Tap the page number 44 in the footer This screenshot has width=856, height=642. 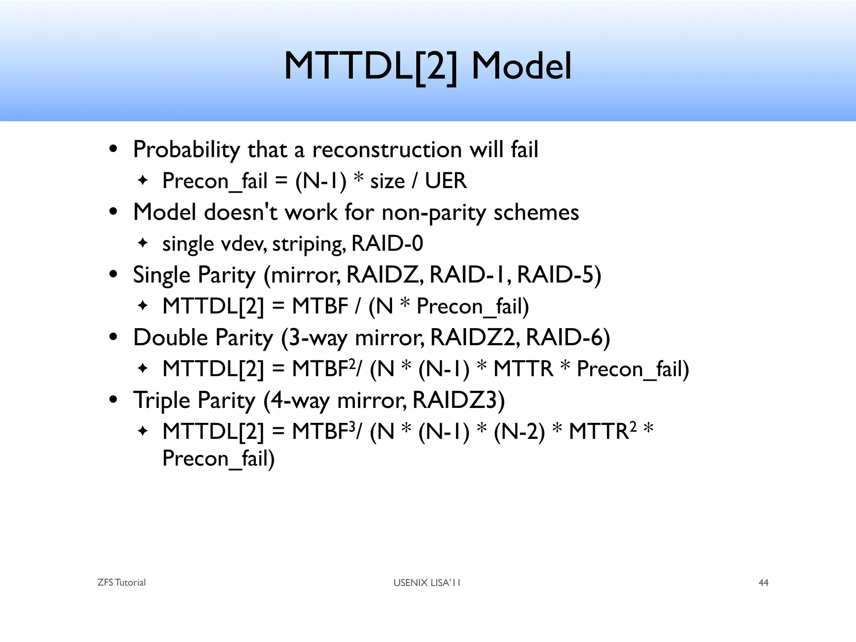click(x=763, y=583)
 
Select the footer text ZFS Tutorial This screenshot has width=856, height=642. click(x=121, y=583)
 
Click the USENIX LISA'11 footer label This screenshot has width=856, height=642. click(x=427, y=583)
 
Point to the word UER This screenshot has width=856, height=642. click(x=446, y=181)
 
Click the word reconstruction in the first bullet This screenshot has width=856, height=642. click(x=387, y=149)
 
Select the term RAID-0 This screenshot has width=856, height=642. click(x=387, y=243)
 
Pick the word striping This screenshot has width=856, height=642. click(x=308, y=244)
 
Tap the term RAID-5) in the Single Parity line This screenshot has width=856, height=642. click(x=559, y=275)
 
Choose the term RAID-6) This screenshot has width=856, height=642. click(x=568, y=338)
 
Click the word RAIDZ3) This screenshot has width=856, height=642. click(x=459, y=400)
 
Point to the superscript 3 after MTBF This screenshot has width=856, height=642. click(x=352, y=426)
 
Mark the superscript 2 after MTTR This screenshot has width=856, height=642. click(x=633, y=426)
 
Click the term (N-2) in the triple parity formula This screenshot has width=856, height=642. click(x=519, y=432)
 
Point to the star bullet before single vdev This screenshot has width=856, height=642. click(x=143, y=243)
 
